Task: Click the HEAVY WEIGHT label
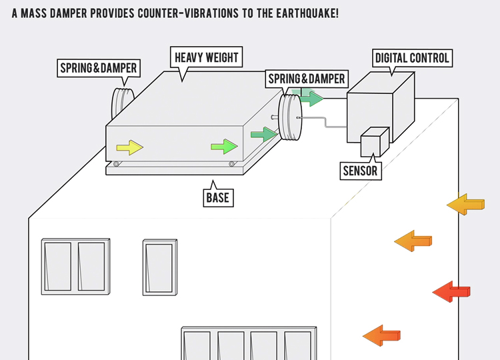[x=206, y=58]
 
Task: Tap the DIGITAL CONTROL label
[x=412, y=58]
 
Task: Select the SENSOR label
[x=360, y=171]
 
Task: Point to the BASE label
[x=217, y=197]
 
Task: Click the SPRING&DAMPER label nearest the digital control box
[x=307, y=79]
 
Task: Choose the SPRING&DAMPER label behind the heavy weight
[x=99, y=67]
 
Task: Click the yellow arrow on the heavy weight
[x=130, y=147]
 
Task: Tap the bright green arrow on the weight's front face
[x=224, y=147]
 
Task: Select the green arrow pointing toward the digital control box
[x=311, y=98]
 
